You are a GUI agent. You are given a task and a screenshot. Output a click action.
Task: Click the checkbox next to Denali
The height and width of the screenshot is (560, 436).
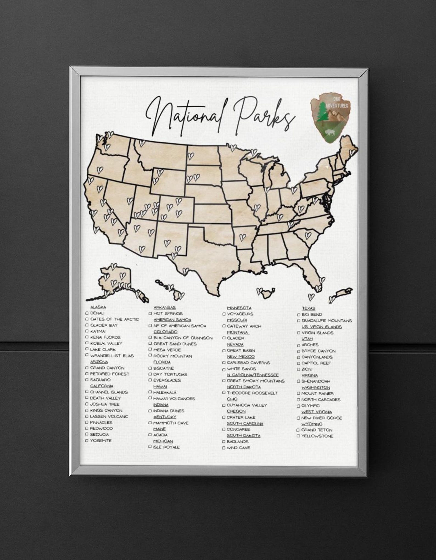pos(87,313)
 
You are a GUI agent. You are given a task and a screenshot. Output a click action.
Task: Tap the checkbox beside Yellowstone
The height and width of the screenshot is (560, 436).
pos(298,436)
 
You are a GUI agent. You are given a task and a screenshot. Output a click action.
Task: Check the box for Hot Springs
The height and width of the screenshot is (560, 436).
pos(150,313)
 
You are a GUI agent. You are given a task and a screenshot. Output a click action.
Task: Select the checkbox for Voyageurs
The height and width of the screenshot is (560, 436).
pos(224,314)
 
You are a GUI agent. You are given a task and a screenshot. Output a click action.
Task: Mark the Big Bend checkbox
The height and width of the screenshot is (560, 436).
pos(298,314)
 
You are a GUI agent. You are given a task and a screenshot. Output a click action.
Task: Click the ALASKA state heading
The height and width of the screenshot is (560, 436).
pos(98,307)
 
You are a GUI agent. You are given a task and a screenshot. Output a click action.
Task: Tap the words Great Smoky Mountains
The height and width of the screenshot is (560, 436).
pos(256,381)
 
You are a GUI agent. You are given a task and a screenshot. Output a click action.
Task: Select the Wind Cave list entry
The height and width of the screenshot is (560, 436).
pos(238,448)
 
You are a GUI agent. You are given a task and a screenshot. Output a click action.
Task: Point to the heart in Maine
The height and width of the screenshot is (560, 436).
pos(351,153)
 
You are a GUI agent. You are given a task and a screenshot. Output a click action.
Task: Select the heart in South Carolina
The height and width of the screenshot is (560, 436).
pos(308,235)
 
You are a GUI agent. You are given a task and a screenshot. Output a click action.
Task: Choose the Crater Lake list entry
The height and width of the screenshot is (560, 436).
pos(241,417)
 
